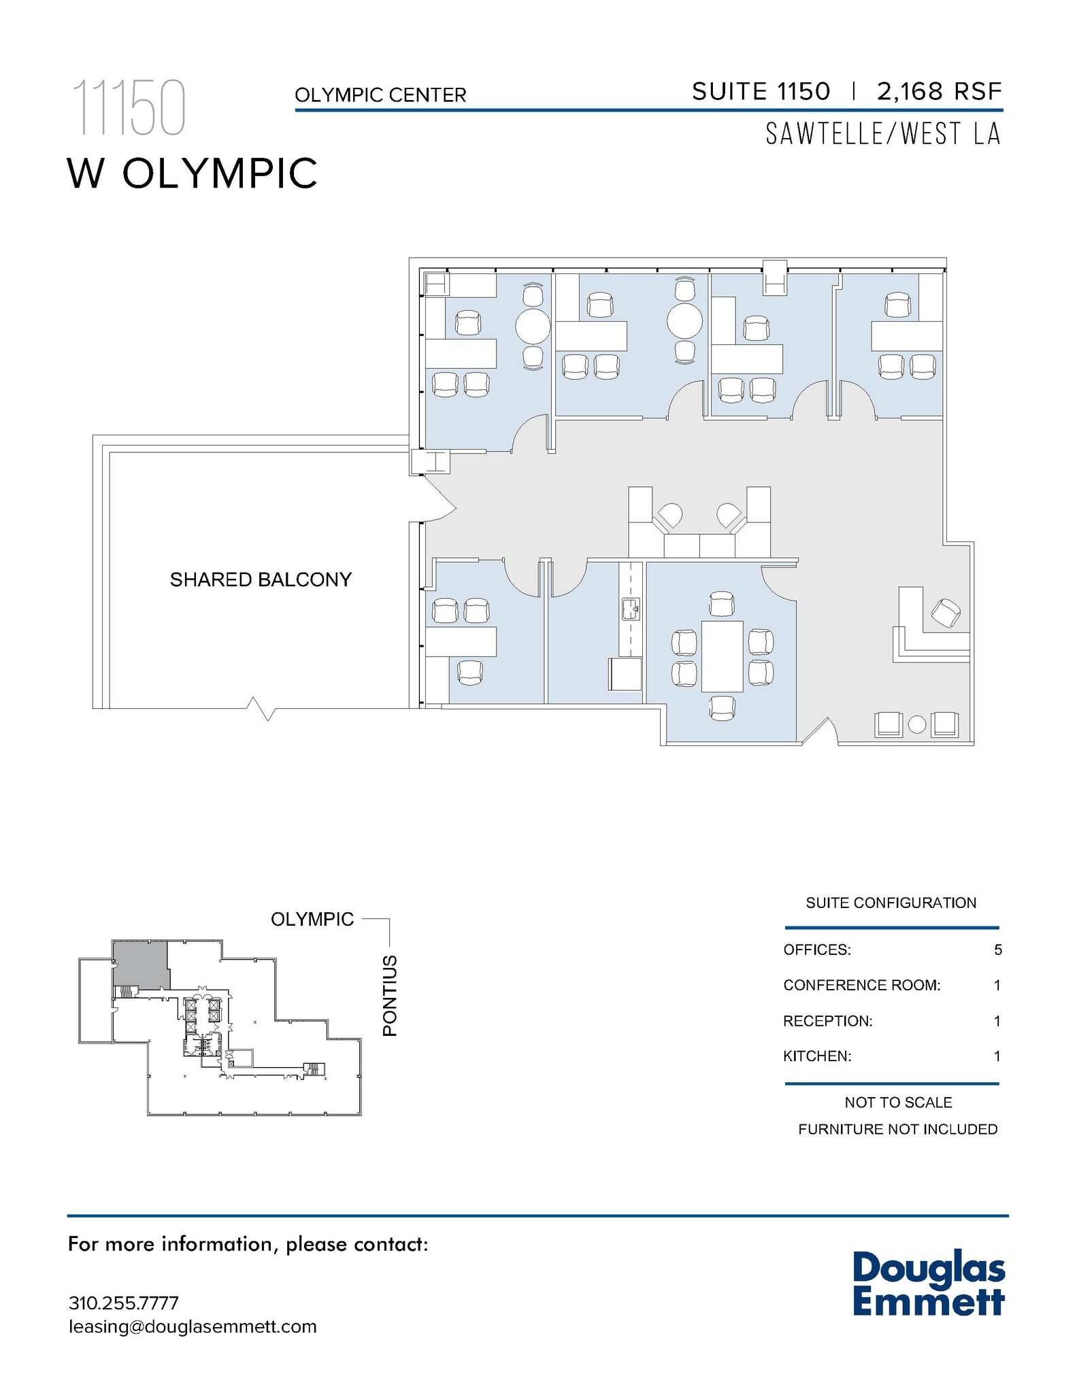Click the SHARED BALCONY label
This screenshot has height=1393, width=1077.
click(x=261, y=580)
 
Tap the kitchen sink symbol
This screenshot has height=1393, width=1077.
click(x=631, y=609)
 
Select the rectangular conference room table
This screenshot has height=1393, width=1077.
click(x=722, y=656)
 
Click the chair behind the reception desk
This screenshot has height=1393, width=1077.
click(x=946, y=613)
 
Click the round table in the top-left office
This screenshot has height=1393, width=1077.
click(x=532, y=327)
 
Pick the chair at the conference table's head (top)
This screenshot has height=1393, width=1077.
click(x=722, y=604)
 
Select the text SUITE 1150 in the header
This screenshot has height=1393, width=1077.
click(x=761, y=91)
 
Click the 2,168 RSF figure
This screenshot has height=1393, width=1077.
click(x=939, y=91)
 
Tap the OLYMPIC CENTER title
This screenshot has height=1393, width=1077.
click(x=380, y=95)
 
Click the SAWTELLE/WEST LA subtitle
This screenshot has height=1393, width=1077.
click(x=883, y=134)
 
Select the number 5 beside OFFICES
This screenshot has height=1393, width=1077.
click(x=997, y=950)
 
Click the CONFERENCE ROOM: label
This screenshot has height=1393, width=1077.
click(x=861, y=985)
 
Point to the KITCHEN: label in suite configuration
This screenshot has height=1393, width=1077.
click(x=817, y=1056)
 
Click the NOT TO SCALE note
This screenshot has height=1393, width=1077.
click(x=897, y=1102)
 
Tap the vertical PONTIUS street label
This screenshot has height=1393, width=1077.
click(x=389, y=996)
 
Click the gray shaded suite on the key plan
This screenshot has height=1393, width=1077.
click(x=140, y=963)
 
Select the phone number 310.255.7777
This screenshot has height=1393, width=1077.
click(x=124, y=1303)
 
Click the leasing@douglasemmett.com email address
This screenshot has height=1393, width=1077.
click(x=193, y=1326)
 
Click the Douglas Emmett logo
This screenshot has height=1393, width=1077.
click(x=928, y=1284)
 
